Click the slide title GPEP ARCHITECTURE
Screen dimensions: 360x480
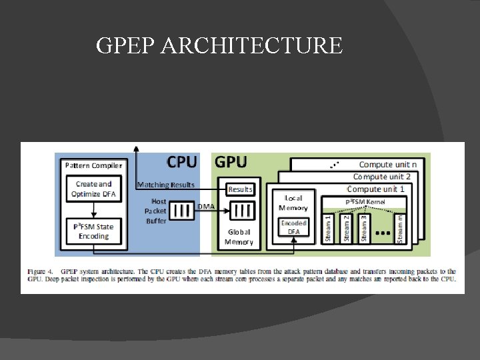click(x=219, y=46)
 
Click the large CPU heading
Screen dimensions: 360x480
click(x=181, y=162)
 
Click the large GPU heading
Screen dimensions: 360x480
click(x=231, y=162)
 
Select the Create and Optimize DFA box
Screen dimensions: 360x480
click(x=94, y=189)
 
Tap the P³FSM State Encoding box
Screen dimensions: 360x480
click(x=93, y=231)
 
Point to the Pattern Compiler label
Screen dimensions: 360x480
click(x=93, y=165)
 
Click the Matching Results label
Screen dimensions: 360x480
click(x=166, y=185)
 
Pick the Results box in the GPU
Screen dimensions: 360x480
click(x=240, y=189)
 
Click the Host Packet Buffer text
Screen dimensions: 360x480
click(x=159, y=211)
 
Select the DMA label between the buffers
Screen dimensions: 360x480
click(x=207, y=207)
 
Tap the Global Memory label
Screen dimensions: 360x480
click(x=239, y=237)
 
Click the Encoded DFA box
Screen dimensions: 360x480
click(x=294, y=227)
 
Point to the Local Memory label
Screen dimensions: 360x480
click(x=293, y=203)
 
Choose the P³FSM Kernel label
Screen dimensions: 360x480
click(x=365, y=201)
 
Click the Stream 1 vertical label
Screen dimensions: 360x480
click(x=328, y=227)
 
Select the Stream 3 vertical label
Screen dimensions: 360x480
click(x=363, y=227)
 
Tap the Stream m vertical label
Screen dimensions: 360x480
click(x=400, y=227)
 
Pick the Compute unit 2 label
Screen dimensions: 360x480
click(x=381, y=177)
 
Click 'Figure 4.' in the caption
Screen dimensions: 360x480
click(x=39, y=272)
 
